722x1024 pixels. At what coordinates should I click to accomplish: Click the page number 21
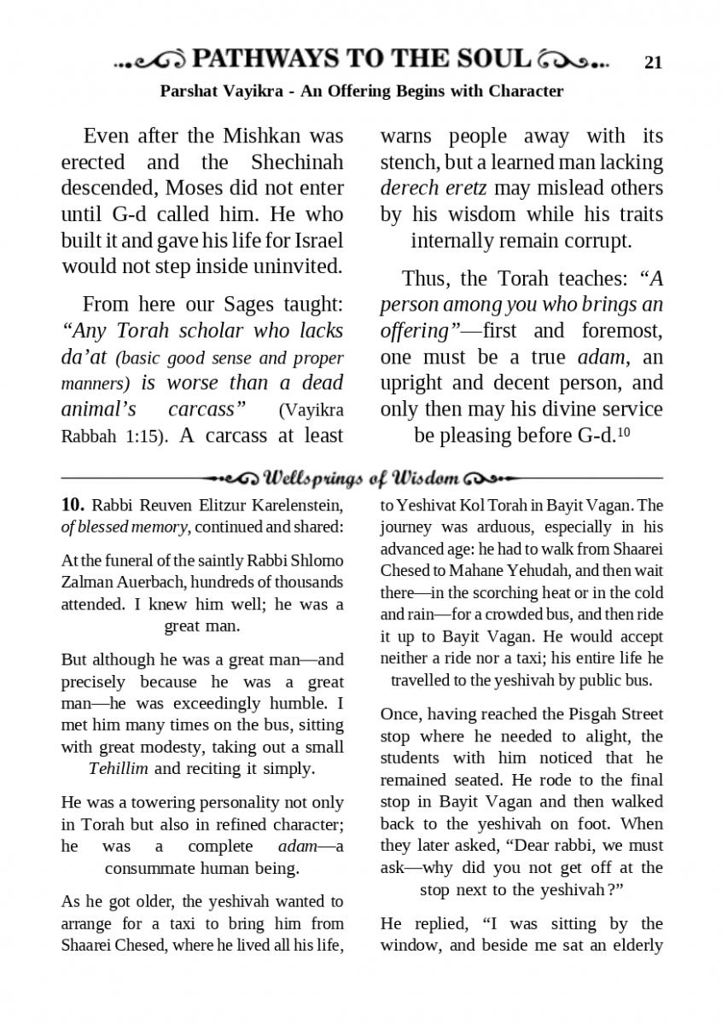click(x=654, y=61)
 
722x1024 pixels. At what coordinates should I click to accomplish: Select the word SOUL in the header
click(x=493, y=59)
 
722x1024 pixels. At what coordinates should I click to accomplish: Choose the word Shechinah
click(x=297, y=162)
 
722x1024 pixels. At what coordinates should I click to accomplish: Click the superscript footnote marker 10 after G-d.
click(x=623, y=432)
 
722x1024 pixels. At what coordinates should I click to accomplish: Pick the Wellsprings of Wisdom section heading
click(x=362, y=477)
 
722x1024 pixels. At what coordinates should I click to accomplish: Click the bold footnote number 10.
click(x=72, y=505)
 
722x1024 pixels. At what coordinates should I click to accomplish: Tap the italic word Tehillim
click(x=118, y=768)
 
